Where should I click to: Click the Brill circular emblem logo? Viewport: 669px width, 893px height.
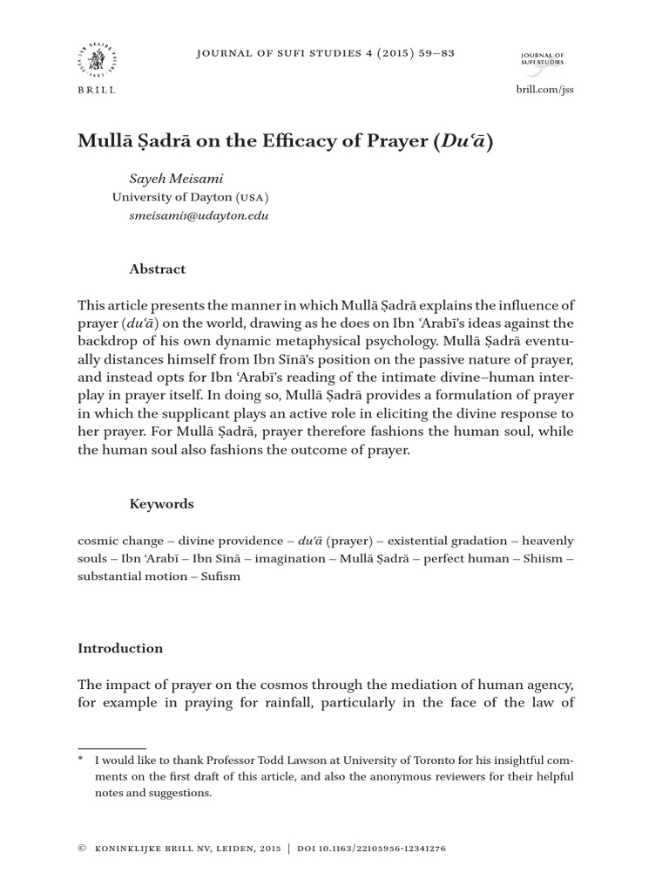[x=96, y=60]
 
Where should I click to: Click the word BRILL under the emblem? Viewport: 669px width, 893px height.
[x=96, y=90]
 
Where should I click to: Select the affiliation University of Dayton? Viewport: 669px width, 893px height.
[x=172, y=197]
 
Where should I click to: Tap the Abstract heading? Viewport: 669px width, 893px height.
[x=157, y=269]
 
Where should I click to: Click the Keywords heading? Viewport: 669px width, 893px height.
[x=161, y=504]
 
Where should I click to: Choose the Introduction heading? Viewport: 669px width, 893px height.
[x=120, y=648]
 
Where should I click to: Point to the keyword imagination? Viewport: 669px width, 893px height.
[x=295, y=558]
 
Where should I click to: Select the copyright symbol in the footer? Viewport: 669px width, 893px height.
[x=81, y=849]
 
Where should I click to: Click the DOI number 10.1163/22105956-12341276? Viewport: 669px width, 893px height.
[x=376, y=849]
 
